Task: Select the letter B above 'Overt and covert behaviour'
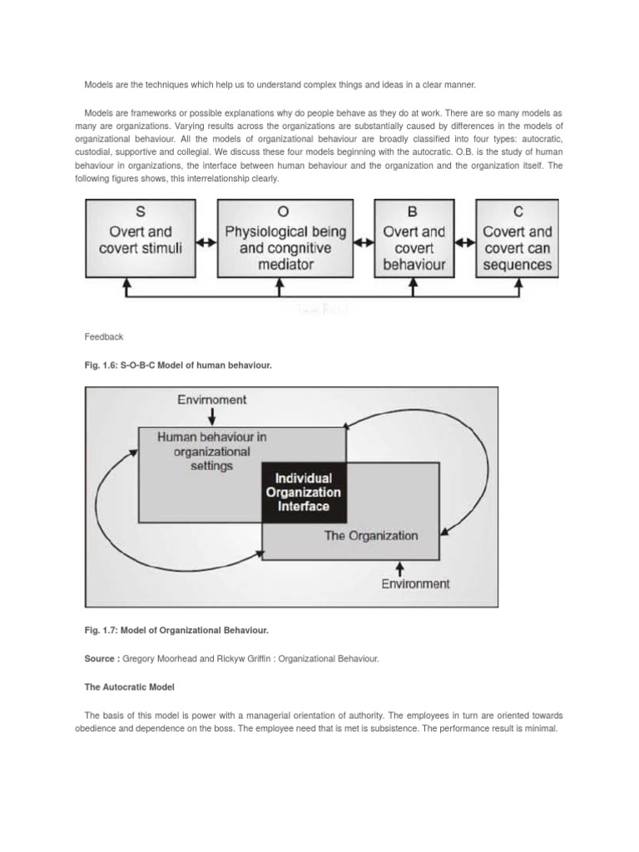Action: [414, 213]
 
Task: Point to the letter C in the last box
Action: [517, 213]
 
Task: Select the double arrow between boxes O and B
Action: [364, 243]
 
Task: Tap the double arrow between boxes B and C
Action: [464, 243]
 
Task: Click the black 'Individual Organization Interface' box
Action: [302, 492]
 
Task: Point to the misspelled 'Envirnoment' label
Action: [212, 399]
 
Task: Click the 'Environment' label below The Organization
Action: [415, 583]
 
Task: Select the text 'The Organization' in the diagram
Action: [370, 536]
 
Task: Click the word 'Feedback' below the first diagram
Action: [104, 337]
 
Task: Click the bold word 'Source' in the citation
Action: [101, 658]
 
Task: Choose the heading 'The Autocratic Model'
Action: [130, 687]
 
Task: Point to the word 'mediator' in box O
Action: [285, 265]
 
